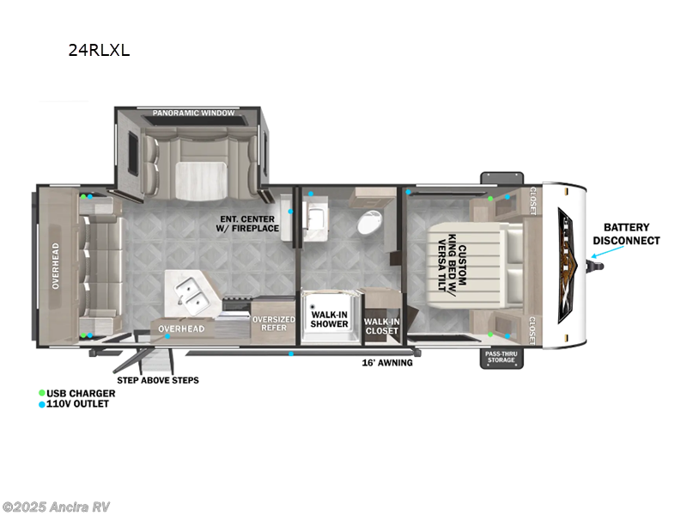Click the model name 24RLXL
[x=99, y=50]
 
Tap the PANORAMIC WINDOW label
[x=188, y=114]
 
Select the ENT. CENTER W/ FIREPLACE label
[x=250, y=224]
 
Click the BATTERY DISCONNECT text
[x=625, y=235]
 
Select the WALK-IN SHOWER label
[x=330, y=320]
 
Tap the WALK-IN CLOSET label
[x=381, y=327]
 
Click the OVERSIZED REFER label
[x=273, y=323]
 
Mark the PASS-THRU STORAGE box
[x=502, y=357]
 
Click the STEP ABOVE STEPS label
[x=158, y=380]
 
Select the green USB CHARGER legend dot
[x=41, y=393]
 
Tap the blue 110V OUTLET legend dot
[x=41, y=404]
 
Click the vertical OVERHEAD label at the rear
[x=54, y=267]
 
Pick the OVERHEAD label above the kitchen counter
[x=180, y=329]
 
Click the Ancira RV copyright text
[x=57, y=507]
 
